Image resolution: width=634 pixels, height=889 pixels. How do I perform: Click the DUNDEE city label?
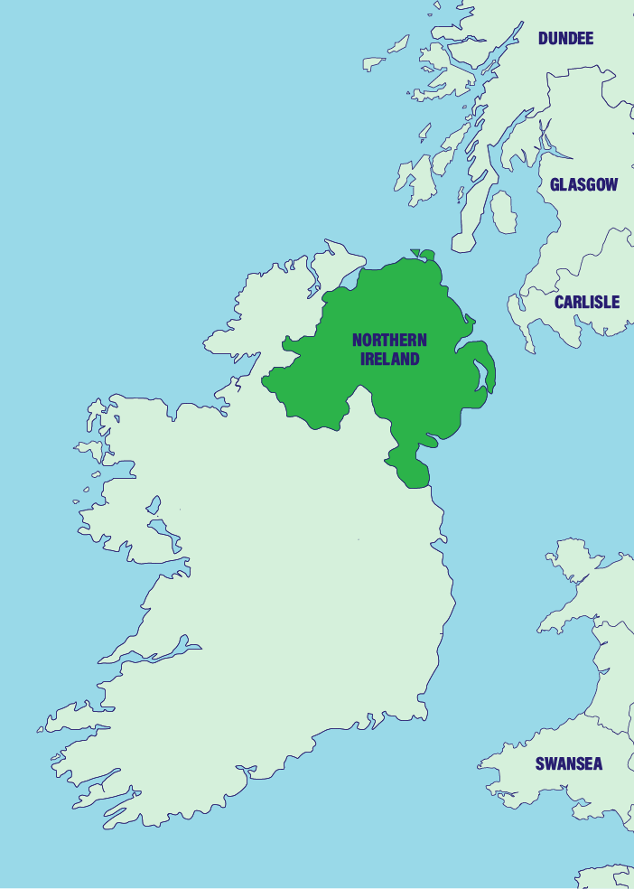(565, 38)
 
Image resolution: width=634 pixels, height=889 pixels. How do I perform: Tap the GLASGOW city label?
(583, 184)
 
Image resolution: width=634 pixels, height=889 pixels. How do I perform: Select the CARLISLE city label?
(587, 302)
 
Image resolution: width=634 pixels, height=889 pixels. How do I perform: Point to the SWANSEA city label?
(568, 763)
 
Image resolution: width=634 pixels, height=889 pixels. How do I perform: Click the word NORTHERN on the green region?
(389, 341)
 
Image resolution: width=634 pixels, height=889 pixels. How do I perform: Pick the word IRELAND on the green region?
(389, 359)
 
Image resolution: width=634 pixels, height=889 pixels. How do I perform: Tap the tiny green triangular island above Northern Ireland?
(415, 254)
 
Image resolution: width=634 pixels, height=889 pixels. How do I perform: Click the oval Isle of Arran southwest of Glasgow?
(503, 211)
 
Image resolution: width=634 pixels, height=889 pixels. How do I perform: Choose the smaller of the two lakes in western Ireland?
(154, 504)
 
